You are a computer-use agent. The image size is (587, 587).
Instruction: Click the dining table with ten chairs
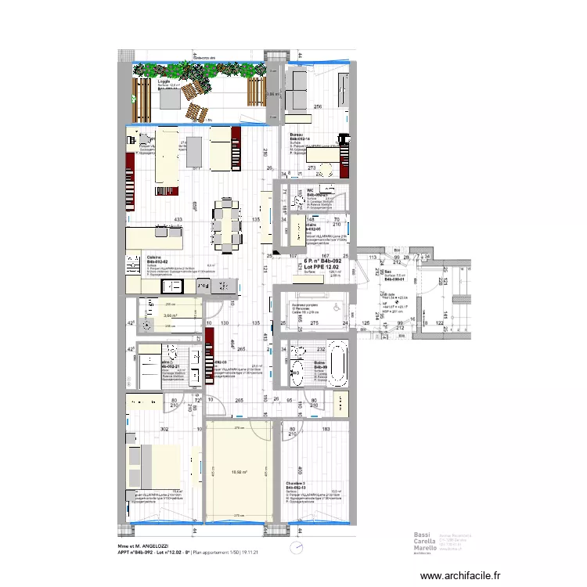227,226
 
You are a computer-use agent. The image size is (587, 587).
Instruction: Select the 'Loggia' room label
164,81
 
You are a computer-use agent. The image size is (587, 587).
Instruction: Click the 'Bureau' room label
297,135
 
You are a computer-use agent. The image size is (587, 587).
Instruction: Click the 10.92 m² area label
239,473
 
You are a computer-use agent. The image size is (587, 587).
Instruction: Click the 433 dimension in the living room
178,220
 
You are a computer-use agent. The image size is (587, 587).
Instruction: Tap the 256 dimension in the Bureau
318,106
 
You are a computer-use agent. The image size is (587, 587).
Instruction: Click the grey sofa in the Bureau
298,89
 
